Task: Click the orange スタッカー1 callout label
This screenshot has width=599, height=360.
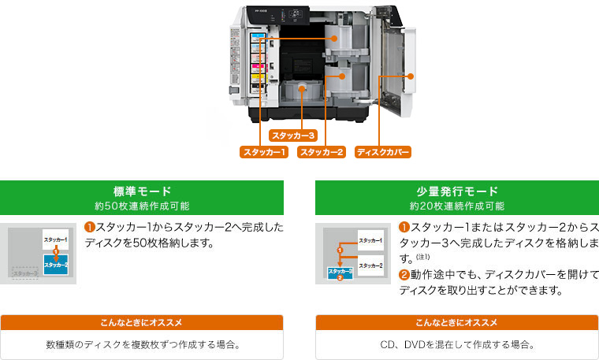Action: [x=265, y=151]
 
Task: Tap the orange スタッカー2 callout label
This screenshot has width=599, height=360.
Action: [x=322, y=151]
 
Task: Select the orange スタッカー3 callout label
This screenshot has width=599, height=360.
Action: [x=293, y=135]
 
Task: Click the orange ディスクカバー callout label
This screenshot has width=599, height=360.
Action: [x=383, y=151]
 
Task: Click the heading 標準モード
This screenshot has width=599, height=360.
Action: [x=142, y=191]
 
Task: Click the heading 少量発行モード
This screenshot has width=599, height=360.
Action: [x=457, y=191]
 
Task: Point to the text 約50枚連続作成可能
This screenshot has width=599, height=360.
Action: [x=142, y=206]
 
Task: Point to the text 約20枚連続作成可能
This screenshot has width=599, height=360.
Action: [x=457, y=206]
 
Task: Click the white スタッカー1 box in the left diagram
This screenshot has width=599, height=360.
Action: [x=55, y=239]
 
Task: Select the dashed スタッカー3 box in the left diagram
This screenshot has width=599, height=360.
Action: [x=24, y=273]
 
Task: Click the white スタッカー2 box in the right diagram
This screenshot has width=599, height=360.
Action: [x=370, y=265]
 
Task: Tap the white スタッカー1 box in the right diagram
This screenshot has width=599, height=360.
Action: [x=370, y=239]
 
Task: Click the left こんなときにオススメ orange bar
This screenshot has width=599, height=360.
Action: [x=142, y=323]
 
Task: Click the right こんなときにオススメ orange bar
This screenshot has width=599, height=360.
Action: [x=457, y=323]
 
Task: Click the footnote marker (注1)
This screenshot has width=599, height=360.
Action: [x=422, y=257]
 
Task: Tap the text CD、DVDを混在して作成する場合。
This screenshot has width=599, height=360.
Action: [x=457, y=344]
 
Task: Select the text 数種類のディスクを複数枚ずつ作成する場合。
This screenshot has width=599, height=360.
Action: [x=142, y=344]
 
